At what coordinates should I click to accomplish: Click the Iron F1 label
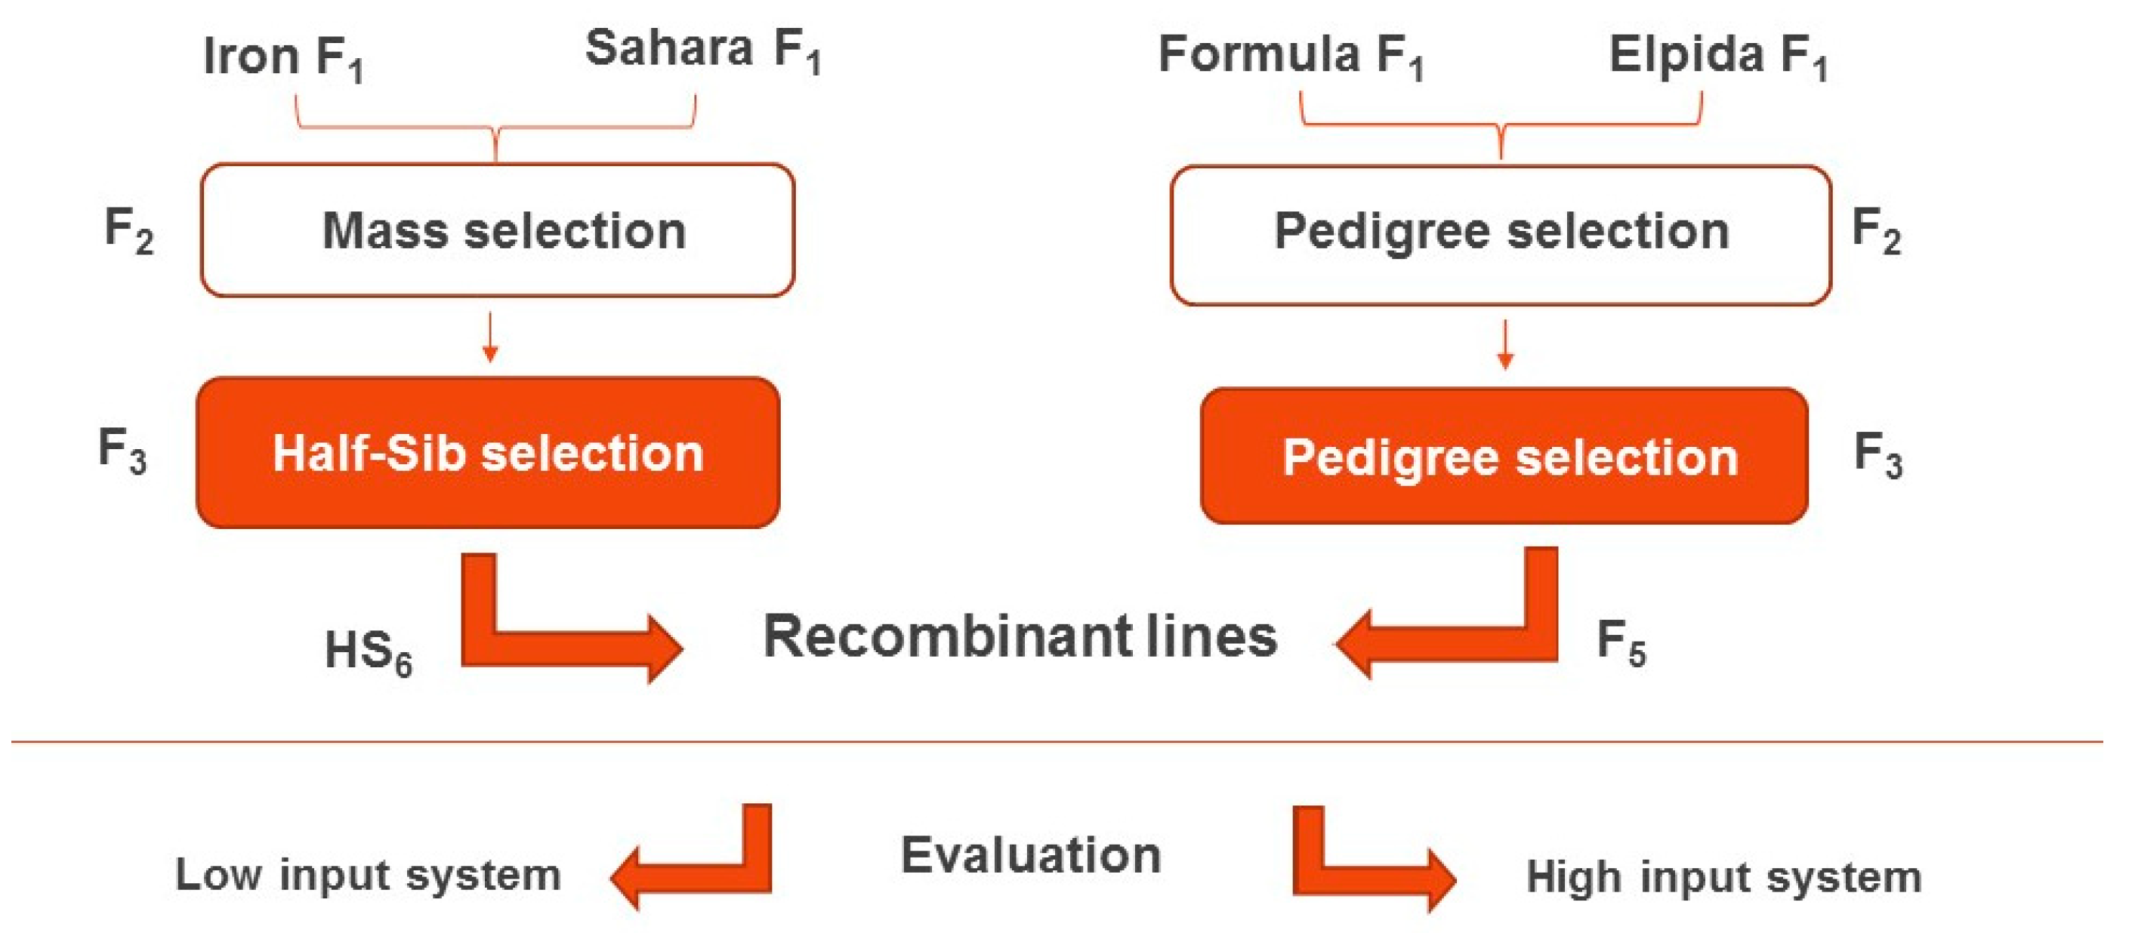[282, 58]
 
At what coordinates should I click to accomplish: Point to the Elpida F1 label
[1717, 56]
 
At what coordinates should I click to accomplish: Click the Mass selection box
[498, 229]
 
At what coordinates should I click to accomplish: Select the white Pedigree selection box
[1500, 235]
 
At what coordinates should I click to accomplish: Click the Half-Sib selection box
[488, 453]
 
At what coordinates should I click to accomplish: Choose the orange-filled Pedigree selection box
[1504, 456]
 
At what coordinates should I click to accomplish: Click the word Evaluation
[1031, 854]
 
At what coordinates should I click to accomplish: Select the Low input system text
[368, 874]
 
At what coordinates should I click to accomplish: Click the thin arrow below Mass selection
[490, 337]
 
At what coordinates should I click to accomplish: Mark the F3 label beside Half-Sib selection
[122, 451]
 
